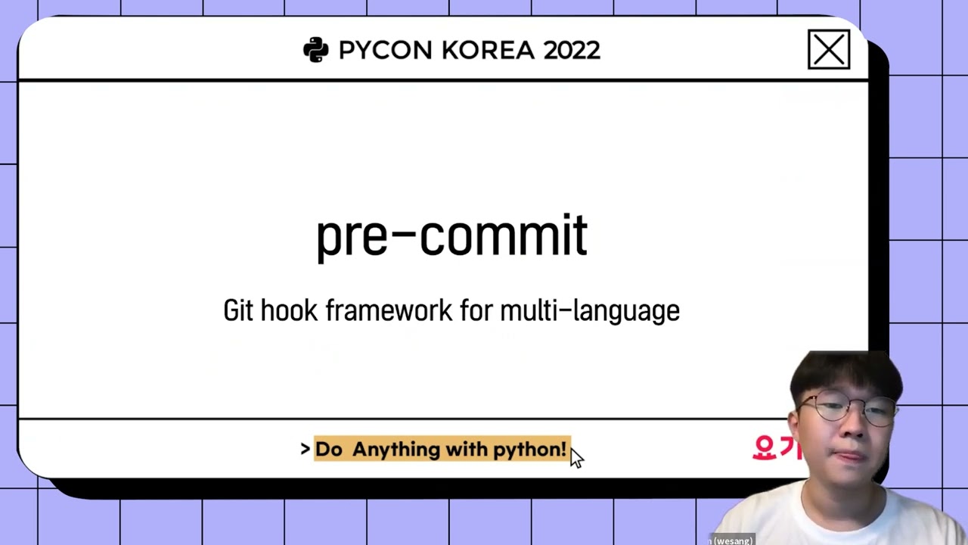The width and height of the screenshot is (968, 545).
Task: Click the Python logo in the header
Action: point(315,50)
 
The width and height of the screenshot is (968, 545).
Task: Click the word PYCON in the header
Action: point(385,51)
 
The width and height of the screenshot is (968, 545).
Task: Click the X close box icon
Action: point(829,51)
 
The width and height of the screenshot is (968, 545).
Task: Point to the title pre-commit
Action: point(451,235)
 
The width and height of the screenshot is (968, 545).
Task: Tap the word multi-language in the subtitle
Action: point(590,310)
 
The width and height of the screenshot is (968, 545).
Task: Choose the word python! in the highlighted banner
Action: point(529,450)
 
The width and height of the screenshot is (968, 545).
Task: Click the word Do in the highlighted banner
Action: point(328,450)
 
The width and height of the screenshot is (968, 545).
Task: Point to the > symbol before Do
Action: point(306,450)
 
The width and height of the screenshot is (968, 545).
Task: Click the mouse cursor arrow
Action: point(576,457)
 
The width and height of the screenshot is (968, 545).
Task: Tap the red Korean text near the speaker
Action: point(775,447)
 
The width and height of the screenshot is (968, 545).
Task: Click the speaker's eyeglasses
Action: point(846,410)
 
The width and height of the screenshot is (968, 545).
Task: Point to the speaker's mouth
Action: point(842,456)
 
